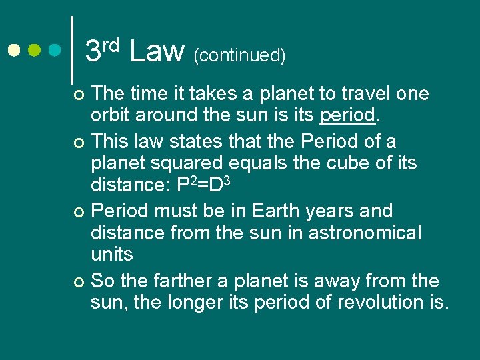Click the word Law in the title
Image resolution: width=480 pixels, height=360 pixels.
pyautogui.click(x=157, y=51)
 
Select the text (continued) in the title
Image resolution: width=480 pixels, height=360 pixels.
pyautogui.click(x=239, y=55)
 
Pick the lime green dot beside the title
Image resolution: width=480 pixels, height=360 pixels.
pyautogui.click(x=35, y=51)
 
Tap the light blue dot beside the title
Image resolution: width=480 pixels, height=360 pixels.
pyautogui.click(x=55, y=51)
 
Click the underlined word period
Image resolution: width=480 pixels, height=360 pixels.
pyautogui.click(x=347, y=116)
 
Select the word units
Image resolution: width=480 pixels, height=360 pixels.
pyautogui.click(x=111, y=254)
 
